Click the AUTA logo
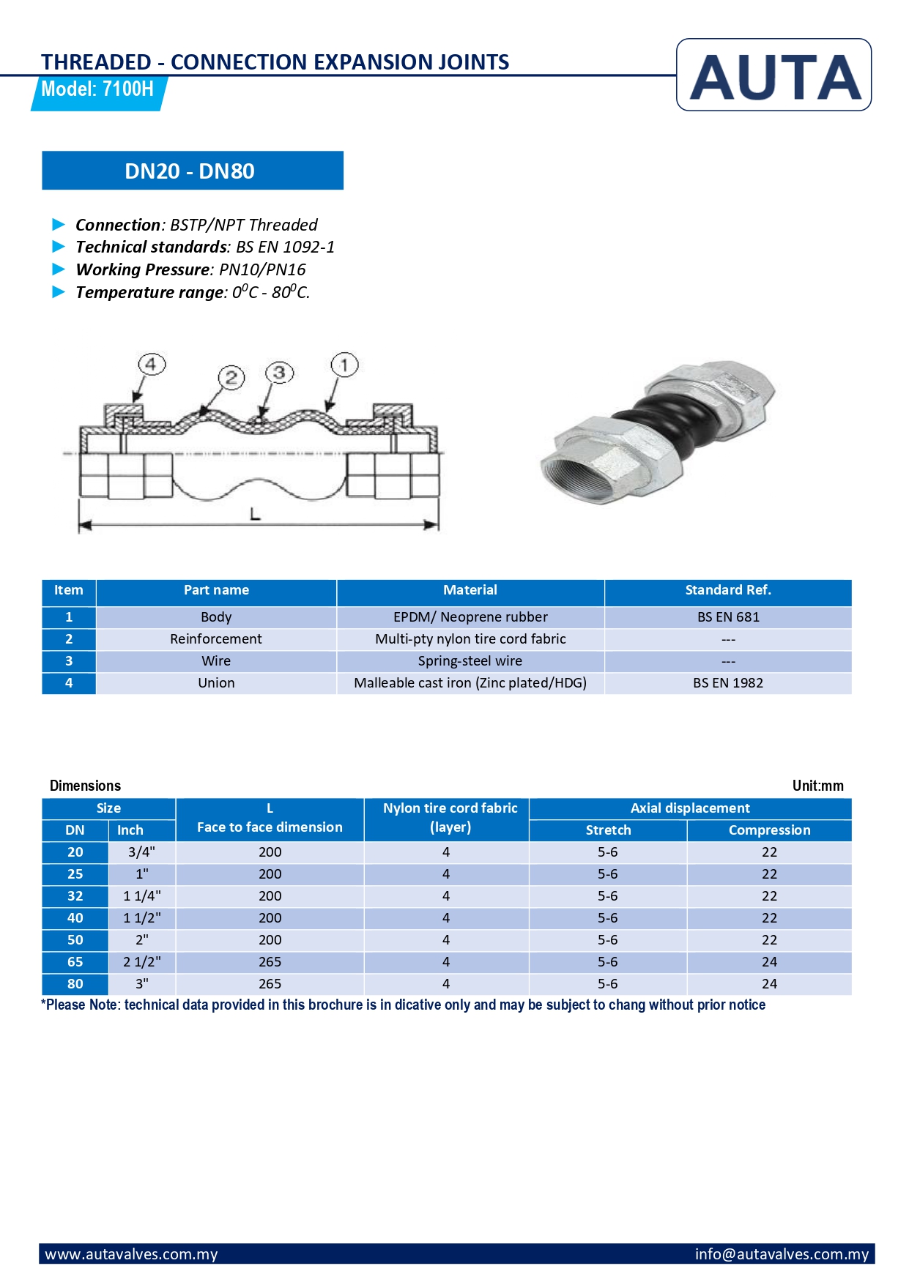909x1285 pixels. tap(773, 75)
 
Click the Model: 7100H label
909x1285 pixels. tap(97, 89)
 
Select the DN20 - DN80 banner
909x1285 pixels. tap(192, 171)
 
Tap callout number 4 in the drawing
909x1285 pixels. tap(151, 364)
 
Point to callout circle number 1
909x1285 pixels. tap(344, 364)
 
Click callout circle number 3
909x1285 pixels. tap(279, 373)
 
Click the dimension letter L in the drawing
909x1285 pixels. tap(255, 514)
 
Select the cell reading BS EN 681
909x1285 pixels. tap(728, 617)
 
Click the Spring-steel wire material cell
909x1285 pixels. tap(470, 661)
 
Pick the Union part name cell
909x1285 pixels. tap(216, 683)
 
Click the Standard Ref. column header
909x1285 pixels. tap(728, 590)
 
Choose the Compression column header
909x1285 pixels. tap(769, 830)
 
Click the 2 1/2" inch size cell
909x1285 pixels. tap(142, 962)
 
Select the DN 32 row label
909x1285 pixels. tap(75, 896)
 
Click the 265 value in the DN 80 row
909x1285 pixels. tap(270, 984)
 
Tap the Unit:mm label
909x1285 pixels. tap(817, 786)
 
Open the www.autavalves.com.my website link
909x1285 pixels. tap(132, 1254)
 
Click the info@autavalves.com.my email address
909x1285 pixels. tap(781, 1254)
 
